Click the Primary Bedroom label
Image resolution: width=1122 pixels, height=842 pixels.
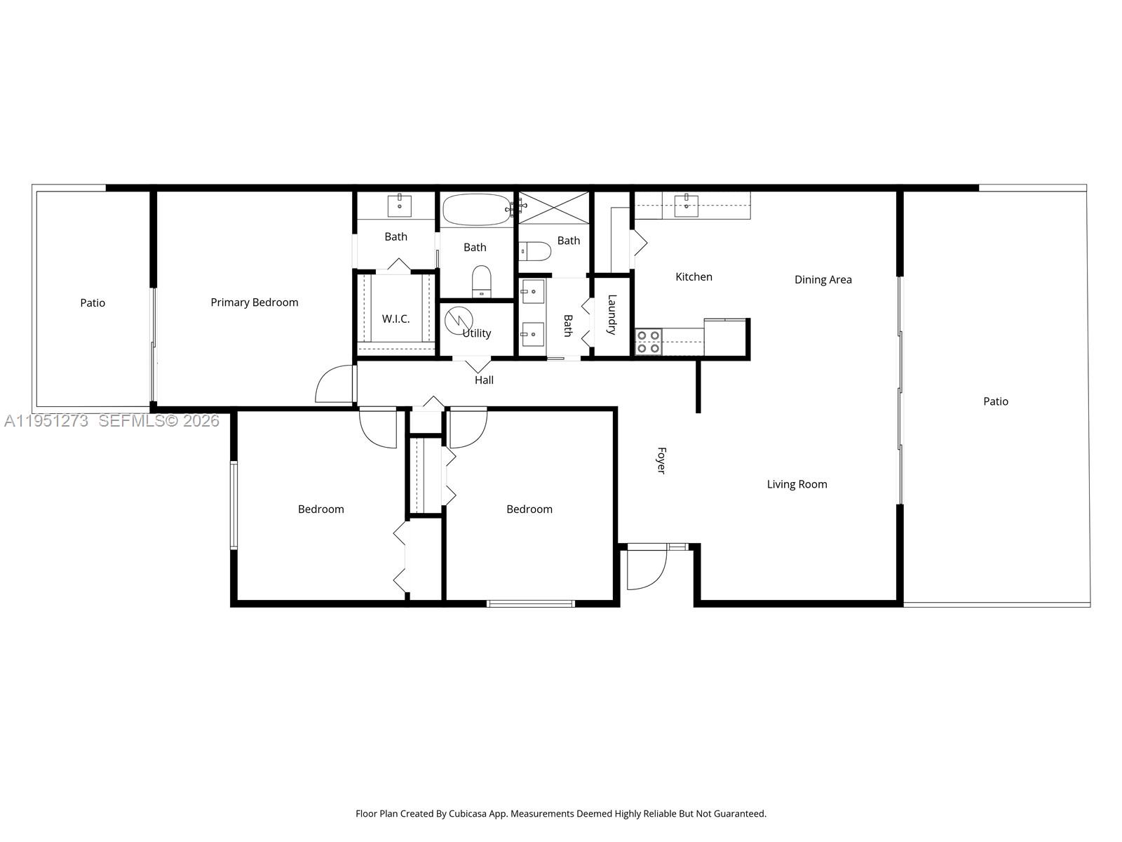pyautogui.click(x=255, y=302)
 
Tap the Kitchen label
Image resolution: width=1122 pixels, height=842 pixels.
pyautogui.click(x=694, y=277)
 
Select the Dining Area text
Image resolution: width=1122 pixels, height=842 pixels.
pyautogui.click(x=823, y=280)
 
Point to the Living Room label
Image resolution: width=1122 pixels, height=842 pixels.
pyautogui.click(x=797, y=484)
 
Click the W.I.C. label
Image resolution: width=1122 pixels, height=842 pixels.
pyautogui.click(x=396, y=319)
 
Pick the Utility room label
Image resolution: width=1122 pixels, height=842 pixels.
pyautogui.click(x=477, y=333)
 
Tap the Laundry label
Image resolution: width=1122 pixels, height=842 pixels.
pyautogui.click(x=611, y=314)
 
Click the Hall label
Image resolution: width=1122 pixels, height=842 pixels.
pyautogui.click(x=484, y=380)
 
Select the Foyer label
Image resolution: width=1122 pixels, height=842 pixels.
pyautogui.click(x=661, y=460)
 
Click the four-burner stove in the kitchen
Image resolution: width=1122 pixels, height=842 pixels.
pyautogui.click(x=649, y=342)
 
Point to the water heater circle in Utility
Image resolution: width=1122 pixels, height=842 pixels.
pyautogui.click(x=459, y=321)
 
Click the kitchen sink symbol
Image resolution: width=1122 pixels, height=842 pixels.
pyautogui.click(x=686, y=206)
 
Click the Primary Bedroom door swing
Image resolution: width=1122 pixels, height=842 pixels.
pyautogui.click(x=335, y=385)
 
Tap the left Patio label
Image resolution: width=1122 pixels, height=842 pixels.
pyautogui.click(x=93, y=303)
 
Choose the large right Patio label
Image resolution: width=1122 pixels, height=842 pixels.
pyautogui.click(x=995, y=401)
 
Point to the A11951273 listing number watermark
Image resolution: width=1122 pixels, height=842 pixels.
pyautogui.click(x=46, y=421)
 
